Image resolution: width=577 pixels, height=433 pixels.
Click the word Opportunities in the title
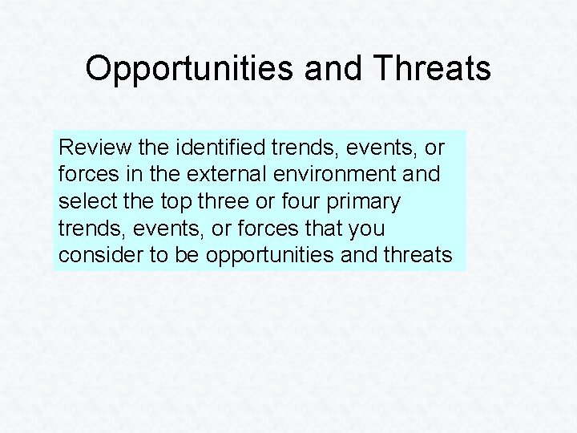[x=188, y=69]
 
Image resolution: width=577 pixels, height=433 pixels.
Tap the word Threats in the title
[x=432, y=69]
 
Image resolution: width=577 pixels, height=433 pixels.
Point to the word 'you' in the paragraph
[x=368, y=229]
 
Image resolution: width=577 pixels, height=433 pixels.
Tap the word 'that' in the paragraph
[x=323, y=229]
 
